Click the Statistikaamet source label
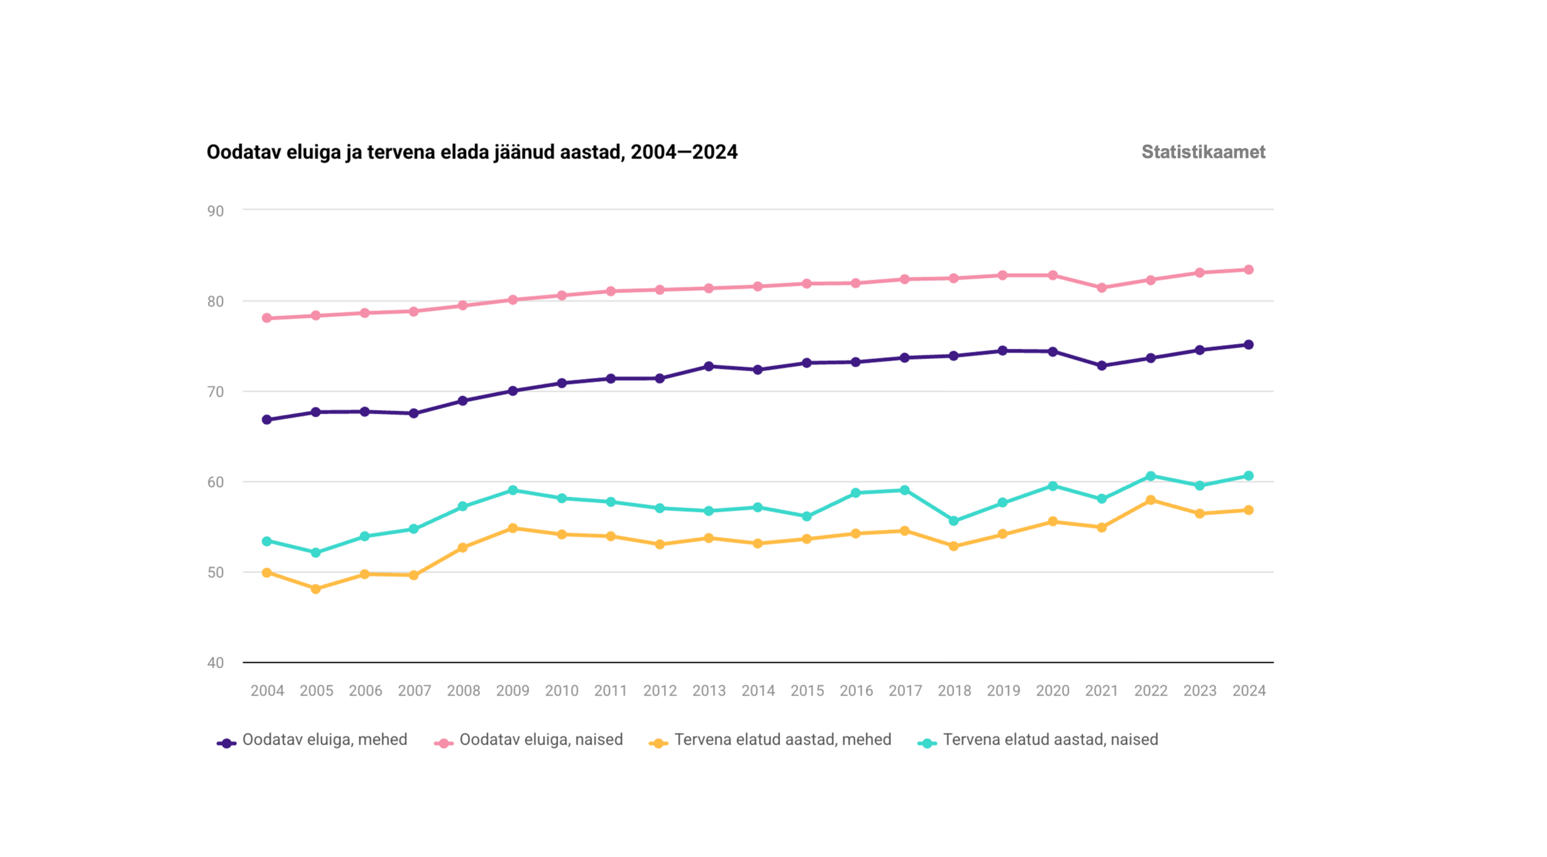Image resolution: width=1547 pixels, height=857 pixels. [1203, 152]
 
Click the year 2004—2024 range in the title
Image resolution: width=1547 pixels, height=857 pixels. [683, 152]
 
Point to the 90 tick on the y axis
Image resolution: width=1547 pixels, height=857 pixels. [216, 211]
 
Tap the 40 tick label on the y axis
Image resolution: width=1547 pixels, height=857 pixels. [216, 662]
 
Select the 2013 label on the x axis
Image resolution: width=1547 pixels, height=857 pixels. [709, 690]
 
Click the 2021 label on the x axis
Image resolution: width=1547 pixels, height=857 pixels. [1101, 690]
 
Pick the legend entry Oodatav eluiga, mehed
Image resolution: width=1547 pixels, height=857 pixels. [325, 740]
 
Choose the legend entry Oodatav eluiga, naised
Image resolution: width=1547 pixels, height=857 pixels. [541, 740]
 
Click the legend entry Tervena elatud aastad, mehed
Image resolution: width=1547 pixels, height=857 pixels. [783, 740]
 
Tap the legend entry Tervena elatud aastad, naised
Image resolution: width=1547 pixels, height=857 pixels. [1050, 740]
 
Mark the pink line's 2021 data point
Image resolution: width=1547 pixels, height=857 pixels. [1102, 288]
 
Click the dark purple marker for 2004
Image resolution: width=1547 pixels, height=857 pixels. [266, 419]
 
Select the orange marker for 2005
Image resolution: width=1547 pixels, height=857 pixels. [315, 589]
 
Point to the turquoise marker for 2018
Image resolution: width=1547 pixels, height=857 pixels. [954, 520]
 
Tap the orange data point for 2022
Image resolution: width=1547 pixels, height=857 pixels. [1151, 500]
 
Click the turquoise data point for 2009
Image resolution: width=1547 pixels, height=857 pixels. [512, 490]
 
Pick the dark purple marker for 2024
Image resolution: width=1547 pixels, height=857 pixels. [1248, 344]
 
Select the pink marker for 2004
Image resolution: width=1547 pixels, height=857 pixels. [266, 318]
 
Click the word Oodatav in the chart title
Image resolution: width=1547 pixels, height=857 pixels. [244, 152]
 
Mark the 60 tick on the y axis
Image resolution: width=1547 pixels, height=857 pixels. [216, 482]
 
